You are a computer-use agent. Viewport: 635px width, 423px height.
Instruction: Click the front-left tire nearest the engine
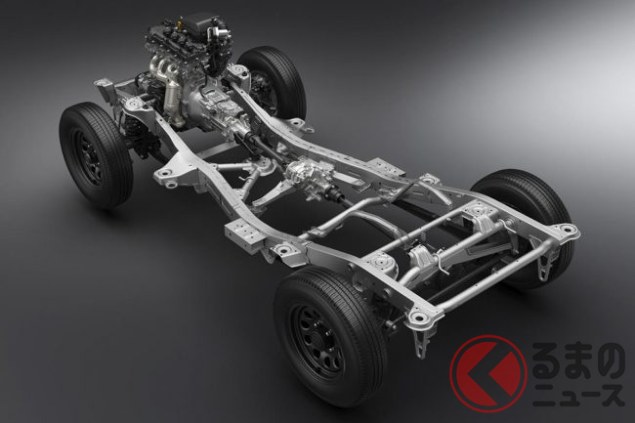[x=96, y=154]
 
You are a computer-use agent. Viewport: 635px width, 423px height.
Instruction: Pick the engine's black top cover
[x=200, y=22]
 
